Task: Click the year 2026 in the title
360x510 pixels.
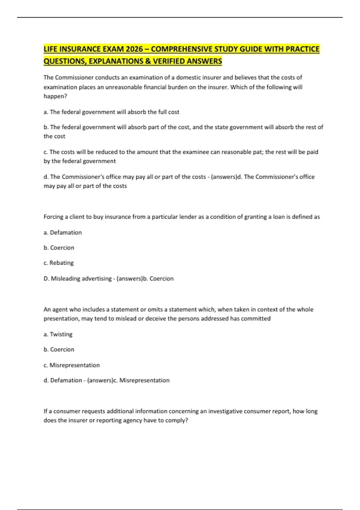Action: click(134, 49)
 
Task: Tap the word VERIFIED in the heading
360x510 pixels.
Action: click(169, 61)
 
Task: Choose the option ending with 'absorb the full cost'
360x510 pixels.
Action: click(111, 112)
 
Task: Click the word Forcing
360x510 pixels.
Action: click(53, 217)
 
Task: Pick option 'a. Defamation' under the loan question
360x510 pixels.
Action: click(63, 232)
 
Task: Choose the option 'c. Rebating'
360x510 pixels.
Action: click(58, 263)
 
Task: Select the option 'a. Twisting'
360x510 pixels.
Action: click(58, 334)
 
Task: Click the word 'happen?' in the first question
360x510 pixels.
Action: click(55, 96)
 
